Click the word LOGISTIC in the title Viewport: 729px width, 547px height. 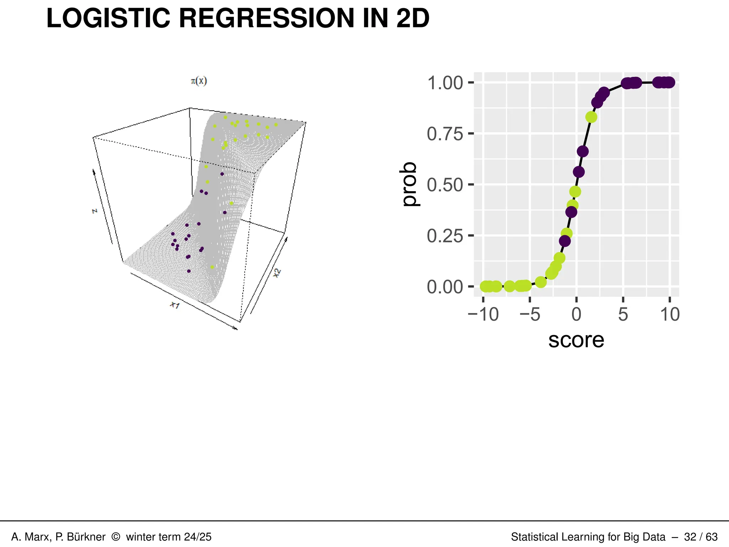click(x=108, y=18)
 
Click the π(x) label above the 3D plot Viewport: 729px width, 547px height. click(x=199, y=81)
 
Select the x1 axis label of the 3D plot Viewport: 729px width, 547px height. click(x=175, y=305)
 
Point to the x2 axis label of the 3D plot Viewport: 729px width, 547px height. click(x=277, y=273)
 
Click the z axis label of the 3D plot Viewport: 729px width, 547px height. click(x=94, y=211)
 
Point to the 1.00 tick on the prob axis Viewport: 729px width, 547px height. click(x=445, y=83)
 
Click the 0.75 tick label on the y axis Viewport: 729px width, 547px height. click(x=445, y=134)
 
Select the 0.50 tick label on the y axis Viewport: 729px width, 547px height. click(x=445, y=185)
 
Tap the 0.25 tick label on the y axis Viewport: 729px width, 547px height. click(x=445, y=236)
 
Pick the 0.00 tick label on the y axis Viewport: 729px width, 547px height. click(x=445, y=287)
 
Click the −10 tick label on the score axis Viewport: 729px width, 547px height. click(x=483, y=314)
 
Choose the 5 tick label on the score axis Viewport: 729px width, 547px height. click(x=623, y=314)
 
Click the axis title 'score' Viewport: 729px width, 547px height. click(x=576, y=340)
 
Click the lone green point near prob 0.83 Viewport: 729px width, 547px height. click(x=591, y=117)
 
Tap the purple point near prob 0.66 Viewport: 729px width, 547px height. click(x=582, y=151)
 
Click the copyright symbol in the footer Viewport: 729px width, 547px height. click(x=116, y=537)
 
